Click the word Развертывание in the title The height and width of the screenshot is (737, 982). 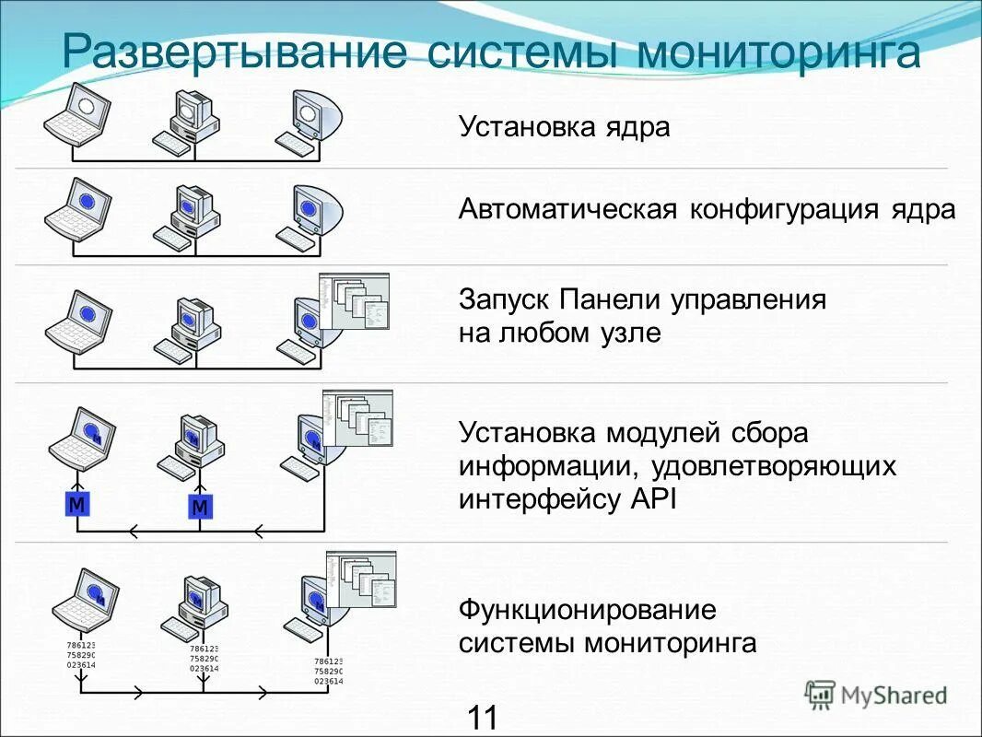pyautogui.click(x=234, y=53)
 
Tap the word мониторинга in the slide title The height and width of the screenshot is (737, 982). pyautogui.click(x=777, y=53)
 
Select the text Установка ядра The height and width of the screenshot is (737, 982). pyautogui.click(x=564, y=126)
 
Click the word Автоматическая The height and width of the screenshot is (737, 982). pyautogui.click(x=568, y=210)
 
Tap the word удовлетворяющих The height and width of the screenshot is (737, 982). pyautogui.click(x=774, y=466)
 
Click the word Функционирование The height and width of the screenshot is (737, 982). pyautogui.click(x=588, y=610)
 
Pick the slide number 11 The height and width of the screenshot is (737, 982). pyautogui.click(x=482, y=717)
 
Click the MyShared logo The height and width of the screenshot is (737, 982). pyautogui.click(x=876, y=695)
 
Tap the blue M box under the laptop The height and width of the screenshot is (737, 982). pyautogui.click(x=77, y=504)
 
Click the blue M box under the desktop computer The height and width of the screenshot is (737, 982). pyautogui.click(x=200, y=507)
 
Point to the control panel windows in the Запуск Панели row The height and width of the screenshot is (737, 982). pyautogui.click(x=355, y=300)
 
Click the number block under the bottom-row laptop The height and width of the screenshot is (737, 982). pyautogui.click(x=81, y=655)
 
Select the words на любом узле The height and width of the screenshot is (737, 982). pyautogui.click(x=559, y=333)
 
